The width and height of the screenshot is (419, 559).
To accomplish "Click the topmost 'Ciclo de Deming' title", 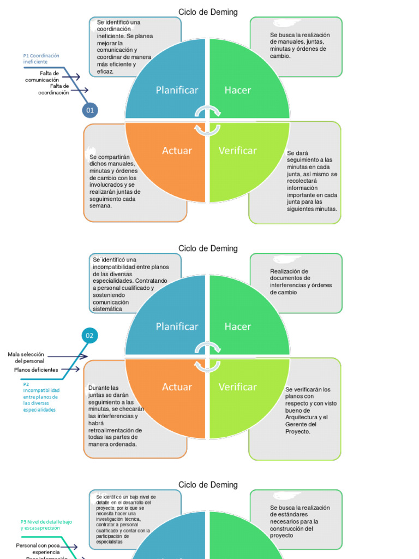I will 208,12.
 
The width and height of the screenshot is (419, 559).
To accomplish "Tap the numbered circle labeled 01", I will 89,110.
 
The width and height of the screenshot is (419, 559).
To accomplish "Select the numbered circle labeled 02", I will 89,335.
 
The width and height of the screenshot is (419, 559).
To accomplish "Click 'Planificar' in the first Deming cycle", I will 177,90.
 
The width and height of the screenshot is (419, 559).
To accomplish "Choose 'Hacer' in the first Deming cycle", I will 238,90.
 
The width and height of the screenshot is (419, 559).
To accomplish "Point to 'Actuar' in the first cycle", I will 177,150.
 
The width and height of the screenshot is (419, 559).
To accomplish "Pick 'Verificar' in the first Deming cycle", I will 237,150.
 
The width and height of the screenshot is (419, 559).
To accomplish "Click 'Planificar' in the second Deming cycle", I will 177,326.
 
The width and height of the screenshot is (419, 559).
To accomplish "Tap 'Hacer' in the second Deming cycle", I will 238,326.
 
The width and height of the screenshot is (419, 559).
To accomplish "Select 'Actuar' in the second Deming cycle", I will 177,386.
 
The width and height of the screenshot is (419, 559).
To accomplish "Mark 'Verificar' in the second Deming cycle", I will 237,386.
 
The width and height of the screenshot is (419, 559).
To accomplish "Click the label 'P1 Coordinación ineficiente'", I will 41,58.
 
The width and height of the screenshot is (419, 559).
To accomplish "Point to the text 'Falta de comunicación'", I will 42,76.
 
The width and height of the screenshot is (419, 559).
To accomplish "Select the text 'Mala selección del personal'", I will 26,358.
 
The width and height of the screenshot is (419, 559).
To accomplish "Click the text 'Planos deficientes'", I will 36,370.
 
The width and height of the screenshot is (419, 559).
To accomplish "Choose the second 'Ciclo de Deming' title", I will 208,248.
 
